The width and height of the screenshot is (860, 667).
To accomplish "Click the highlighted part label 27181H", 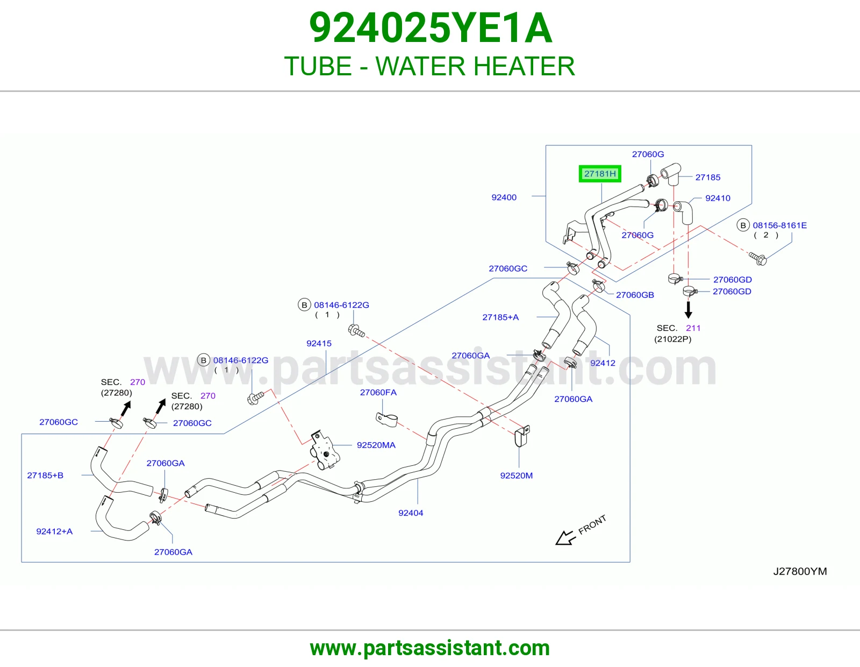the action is pos(600,174).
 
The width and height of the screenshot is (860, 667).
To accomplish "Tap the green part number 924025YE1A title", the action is pos(430,28).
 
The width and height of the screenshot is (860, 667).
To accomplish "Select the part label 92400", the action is pos(504,197).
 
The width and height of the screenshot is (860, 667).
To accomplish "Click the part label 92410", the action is pos(718,198).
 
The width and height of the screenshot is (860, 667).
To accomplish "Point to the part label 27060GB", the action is pos(635,295).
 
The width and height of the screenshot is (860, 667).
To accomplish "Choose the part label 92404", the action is pos(411,513).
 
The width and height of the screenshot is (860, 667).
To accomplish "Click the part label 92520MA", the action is pos(376,445).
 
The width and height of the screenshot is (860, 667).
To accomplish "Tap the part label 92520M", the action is pos(516,476).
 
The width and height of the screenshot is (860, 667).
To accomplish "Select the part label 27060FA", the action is pos(378,392).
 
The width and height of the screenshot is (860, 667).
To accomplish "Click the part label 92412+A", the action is pos(54,531).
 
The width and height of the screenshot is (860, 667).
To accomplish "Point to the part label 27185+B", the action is pos(45,476).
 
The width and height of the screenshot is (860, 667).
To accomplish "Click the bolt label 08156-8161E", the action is pos(779,225).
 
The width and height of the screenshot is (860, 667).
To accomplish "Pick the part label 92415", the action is pos(319,343).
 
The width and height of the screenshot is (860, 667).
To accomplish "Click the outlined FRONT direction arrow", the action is pos(565,537).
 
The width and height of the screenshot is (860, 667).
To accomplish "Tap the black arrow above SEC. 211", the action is pos(688,310).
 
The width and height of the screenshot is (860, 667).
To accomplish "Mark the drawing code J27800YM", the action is pos(800,572).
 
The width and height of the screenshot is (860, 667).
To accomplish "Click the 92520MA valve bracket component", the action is pos(325,451).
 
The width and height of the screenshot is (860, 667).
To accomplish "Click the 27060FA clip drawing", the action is pos(386,420).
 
